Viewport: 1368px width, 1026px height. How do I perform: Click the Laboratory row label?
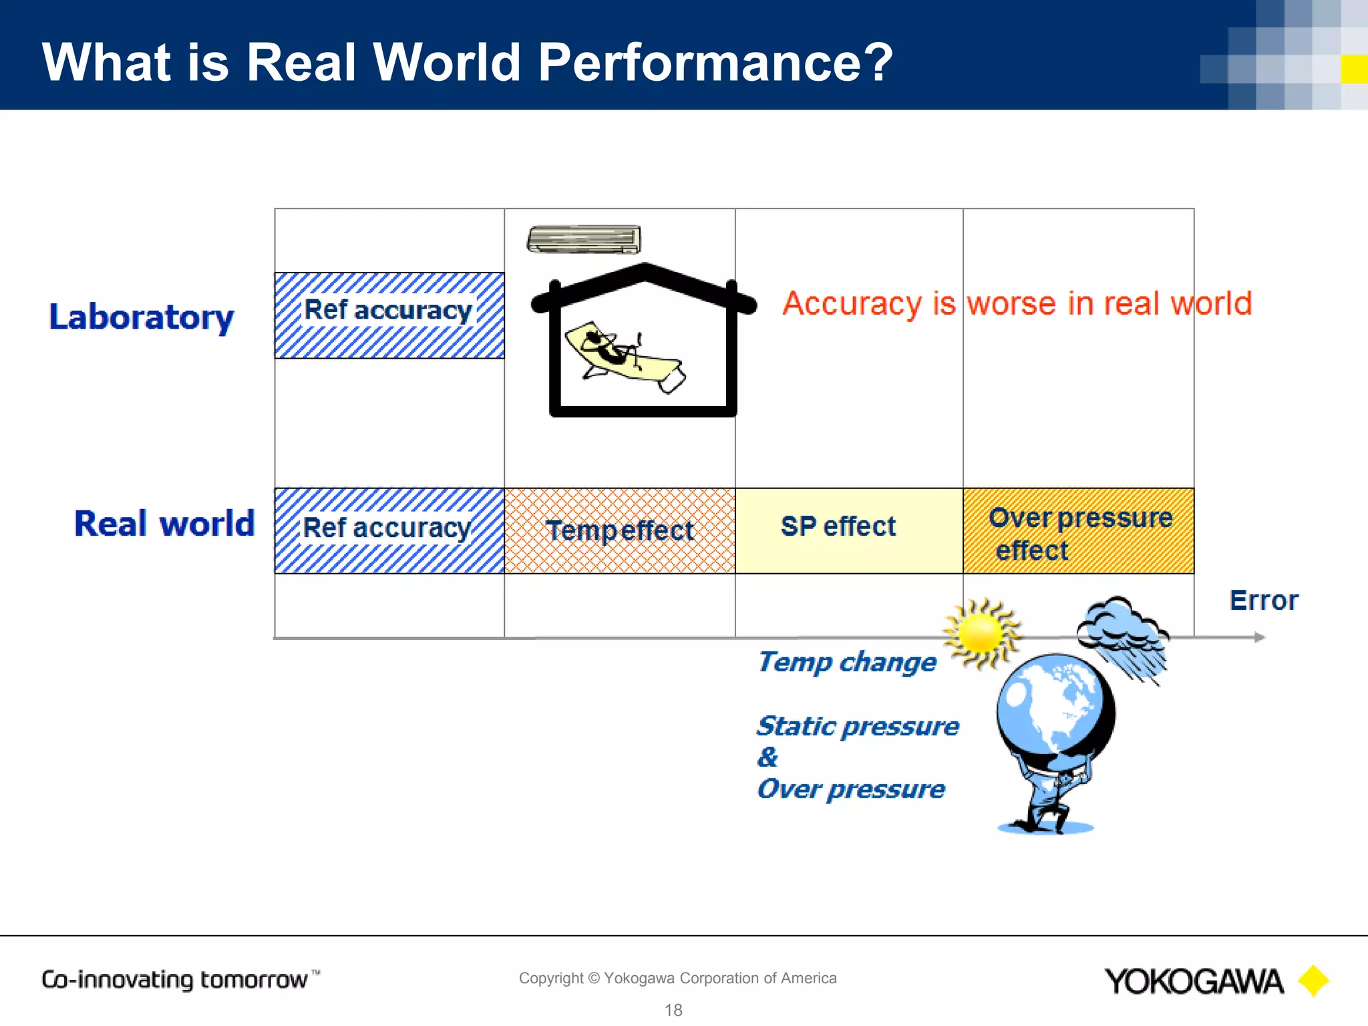pyautogui.click(x=142, y=317)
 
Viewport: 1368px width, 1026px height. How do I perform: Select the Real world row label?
pyautogui.click(x=164, y=523)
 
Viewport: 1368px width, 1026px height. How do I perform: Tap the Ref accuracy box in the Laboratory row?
pyautogui.click(x=389, y=315)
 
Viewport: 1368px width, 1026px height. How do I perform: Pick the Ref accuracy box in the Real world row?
pyautogui.click(x=389, y=530)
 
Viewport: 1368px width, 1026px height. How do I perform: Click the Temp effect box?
pyautogui.click(x=620, y=530)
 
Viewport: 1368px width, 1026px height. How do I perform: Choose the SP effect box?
pyautogui.click(x=848, y=530)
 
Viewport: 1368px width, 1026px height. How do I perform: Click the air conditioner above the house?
pyautogui.click(x=584, y=240)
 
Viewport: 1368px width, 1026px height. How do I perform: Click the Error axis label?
pyautogui.click(x=1264, y=601)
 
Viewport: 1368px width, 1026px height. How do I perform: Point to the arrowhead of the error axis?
pyautogui.click(x=1259, y=637)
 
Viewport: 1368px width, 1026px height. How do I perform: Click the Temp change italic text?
pyautogui.click(x=847, y=662)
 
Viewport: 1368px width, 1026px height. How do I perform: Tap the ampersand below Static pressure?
pyautogui.click(x=767, y=757)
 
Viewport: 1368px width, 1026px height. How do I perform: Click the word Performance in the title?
pyautogui.click(x=715, y=62)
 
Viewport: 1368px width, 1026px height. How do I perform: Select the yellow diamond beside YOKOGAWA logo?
pyautogui.click(x=1313, y=981)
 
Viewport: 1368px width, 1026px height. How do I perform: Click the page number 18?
pyautogui.click(x=673, y=1010)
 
